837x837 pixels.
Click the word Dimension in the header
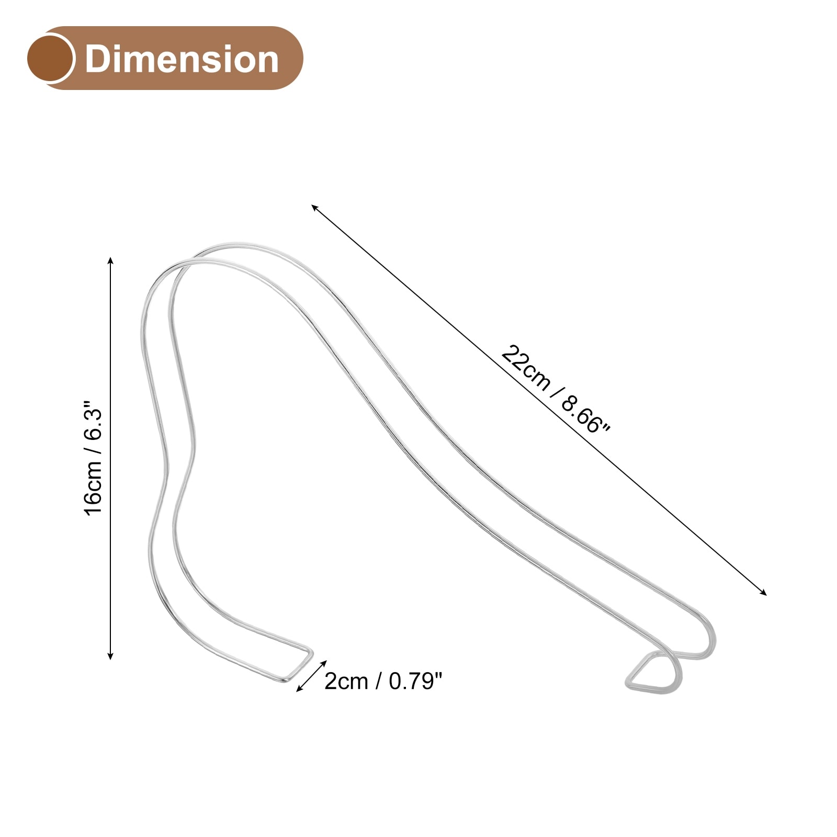pos(182,59)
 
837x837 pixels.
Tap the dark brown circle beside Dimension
pos(50,58)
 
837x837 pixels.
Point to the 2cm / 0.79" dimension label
pos(383,681)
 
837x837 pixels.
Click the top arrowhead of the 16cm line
pos(110,260)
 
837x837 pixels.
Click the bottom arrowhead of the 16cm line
pos(110,656)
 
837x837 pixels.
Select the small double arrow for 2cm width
pos(311,676)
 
